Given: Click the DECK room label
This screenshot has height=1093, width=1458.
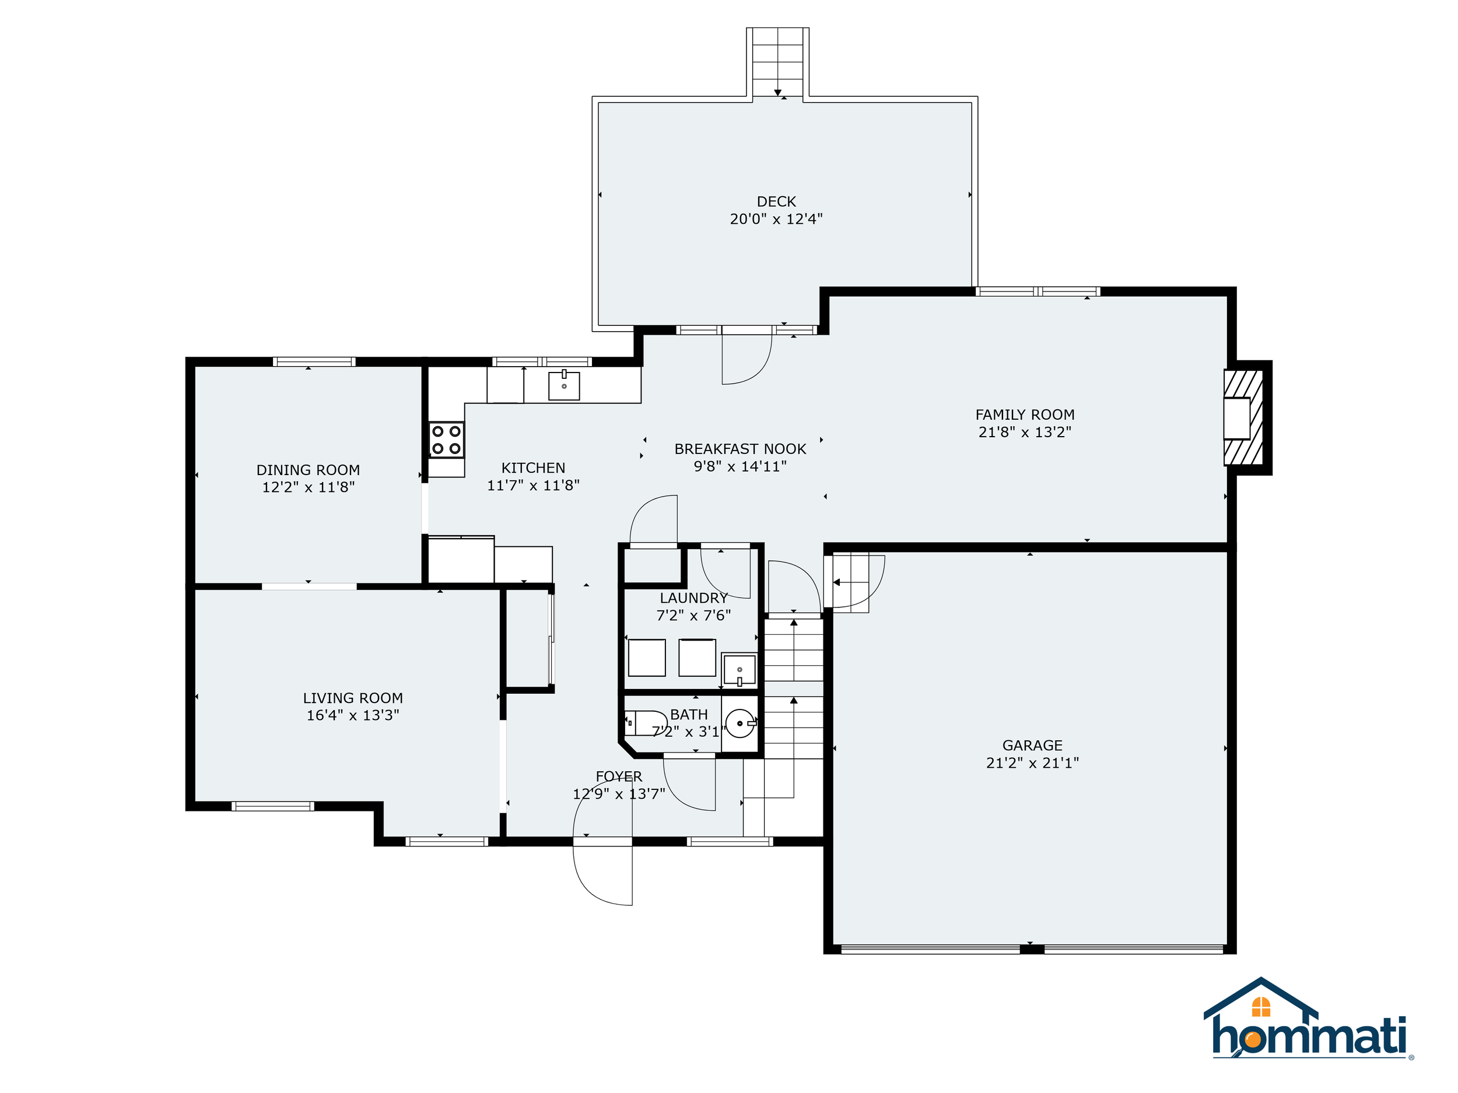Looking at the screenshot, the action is [x=776, y=202].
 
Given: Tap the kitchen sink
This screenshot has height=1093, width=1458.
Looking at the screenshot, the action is [x=563, y=386].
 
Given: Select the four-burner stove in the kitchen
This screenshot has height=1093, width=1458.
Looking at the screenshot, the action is [x=446, y=440].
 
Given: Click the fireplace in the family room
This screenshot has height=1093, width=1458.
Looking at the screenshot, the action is [x=1243, y=418].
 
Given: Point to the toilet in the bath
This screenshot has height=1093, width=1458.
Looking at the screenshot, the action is [x=645, y=723].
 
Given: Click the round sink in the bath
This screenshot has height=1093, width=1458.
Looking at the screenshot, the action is [x=740, y=723].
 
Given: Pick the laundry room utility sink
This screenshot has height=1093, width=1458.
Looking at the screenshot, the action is [x=739, y=669].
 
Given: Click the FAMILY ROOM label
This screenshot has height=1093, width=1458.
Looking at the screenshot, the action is [x=1025, y=414].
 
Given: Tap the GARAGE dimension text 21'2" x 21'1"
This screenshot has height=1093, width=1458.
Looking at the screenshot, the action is [x=1032, y=763].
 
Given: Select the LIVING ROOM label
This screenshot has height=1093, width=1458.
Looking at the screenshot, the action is [x=353, y=698].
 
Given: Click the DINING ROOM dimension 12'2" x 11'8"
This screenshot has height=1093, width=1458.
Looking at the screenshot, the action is [x=309, y=487].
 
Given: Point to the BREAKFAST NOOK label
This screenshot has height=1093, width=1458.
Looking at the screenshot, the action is [x=740, y=449].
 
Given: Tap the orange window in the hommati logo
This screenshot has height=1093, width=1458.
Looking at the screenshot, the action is [x=1261, y=1007].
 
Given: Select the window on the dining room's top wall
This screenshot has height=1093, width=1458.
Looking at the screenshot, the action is [x=314, y=361].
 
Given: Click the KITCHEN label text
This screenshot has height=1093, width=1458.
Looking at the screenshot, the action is [x=533, y=468].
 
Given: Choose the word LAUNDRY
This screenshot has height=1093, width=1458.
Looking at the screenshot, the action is [x=693, y=598].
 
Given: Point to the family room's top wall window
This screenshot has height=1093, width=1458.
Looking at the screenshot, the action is [x=1038, y=291].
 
